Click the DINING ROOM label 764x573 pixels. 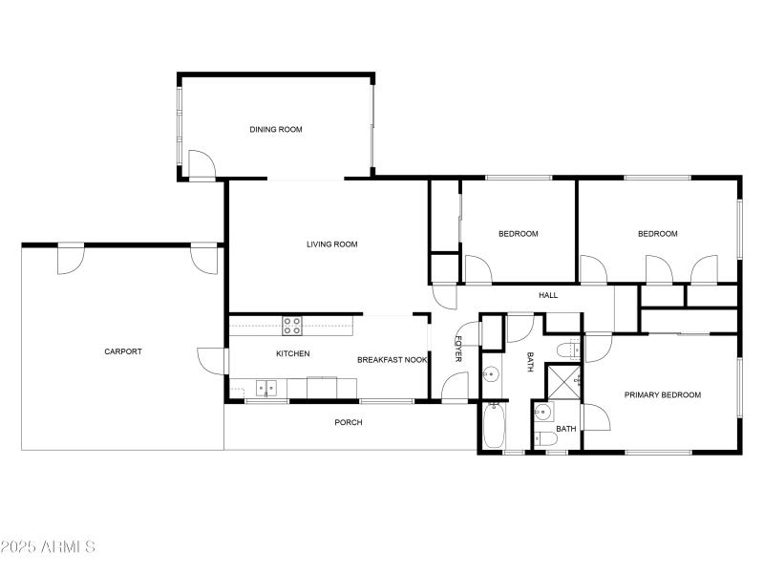tap(276, 130)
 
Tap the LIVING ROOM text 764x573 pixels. tap(331, 244)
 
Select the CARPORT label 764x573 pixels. tap(123, 351)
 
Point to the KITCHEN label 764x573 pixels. tap(293, 354)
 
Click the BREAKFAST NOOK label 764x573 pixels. tap(392, 360)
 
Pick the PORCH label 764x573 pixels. tap(349, 422)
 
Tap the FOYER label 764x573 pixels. tap(458, 349)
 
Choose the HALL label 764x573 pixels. tap(548, 295)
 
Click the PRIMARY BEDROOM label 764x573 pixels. tap(663, 394)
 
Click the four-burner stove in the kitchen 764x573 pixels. tap(292, 325)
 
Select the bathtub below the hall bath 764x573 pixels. tap(493, 426)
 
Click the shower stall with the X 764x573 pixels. tap(563, 380)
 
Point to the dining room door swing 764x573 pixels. tap(201, 165)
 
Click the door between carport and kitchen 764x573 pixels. tap(211, 360)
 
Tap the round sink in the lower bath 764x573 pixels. tap(542, 413)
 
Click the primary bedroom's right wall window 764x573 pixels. tap(739, 388)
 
